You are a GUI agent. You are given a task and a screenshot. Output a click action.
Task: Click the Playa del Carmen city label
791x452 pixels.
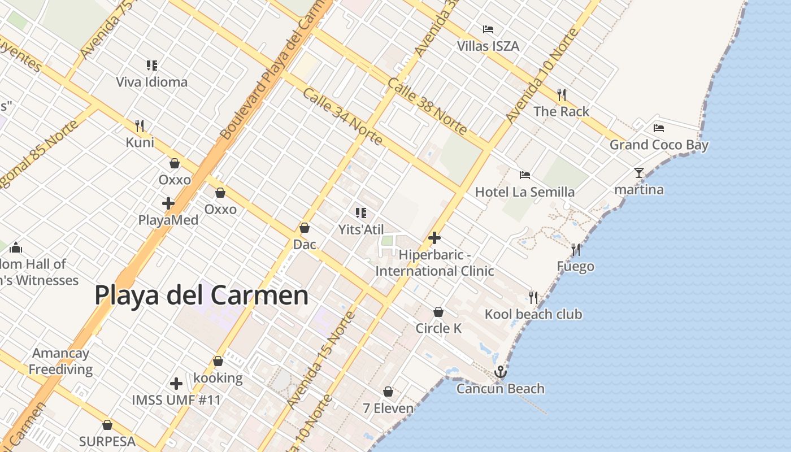click(201, 295)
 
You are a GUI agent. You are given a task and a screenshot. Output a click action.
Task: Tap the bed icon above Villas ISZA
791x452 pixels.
click(488, 29)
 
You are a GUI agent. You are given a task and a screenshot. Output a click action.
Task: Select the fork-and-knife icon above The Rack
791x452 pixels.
click(561, 94)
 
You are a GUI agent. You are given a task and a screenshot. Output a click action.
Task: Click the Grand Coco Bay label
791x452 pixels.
click(658, 145)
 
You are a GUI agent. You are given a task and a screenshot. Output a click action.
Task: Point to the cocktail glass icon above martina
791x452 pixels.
click(639, 172)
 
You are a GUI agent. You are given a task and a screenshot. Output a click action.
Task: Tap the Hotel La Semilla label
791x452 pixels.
click(524, 192)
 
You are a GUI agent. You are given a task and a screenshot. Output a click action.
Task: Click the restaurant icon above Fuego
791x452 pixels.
click(576, 249)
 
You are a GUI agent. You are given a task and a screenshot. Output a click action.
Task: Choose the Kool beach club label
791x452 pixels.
click(533, 314)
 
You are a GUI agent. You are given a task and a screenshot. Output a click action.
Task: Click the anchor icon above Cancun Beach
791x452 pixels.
click(500, 372)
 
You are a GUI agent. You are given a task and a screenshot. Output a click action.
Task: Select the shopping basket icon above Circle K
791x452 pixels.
click(438, 312)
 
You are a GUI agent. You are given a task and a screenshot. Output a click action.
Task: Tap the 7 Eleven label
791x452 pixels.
click(388, 408)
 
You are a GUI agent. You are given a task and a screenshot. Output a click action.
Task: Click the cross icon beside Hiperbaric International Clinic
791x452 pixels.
click(434, 238)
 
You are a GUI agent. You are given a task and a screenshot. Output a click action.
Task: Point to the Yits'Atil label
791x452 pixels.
click(360, 229)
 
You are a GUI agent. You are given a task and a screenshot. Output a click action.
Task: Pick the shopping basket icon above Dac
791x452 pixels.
click(305, 228)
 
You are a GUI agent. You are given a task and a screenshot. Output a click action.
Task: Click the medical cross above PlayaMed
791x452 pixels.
click(168, 203)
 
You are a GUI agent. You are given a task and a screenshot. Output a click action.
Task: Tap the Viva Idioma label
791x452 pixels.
click(151, 82)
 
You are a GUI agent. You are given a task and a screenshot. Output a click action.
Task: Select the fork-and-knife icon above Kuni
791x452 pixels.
click(140, 125)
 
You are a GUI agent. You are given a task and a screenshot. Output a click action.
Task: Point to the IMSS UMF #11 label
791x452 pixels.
click(176, 400)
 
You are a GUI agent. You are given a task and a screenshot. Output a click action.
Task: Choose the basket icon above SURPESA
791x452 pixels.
click(107, 425)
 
